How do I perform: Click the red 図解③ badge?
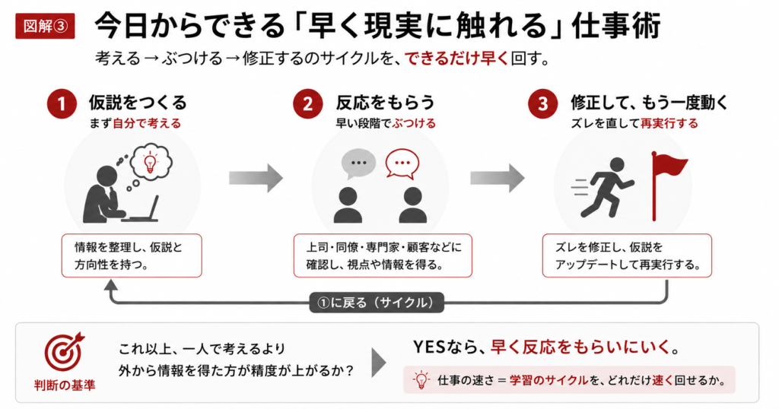[45, 27]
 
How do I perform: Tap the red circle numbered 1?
[62, 104]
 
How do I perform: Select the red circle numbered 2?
[307, 104]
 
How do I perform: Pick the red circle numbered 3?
[542, 104]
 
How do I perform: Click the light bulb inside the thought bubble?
[150, 163]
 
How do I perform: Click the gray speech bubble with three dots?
[358, 163]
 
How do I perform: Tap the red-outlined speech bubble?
[402, 163]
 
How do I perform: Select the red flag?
[668, 185]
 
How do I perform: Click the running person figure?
[603, 188]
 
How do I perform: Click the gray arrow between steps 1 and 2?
[256, 178]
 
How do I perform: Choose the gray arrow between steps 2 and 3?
[498, 178]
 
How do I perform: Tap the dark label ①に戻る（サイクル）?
[377, 303]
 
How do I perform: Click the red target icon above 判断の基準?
[64, 352]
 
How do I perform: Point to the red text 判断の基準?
[65, 385]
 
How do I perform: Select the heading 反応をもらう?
[385, 103]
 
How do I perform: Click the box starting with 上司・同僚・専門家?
[383, 255]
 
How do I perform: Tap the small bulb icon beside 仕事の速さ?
[421, 380]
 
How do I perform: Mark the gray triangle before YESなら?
[379, 363]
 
